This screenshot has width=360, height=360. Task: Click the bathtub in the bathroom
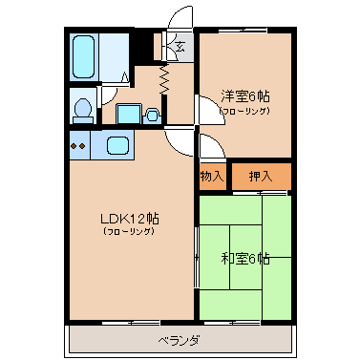(84, 57)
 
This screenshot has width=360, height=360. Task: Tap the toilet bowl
(83, 107)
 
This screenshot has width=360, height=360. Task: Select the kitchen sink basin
(117, 145)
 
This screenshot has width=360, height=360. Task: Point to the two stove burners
(77, 146)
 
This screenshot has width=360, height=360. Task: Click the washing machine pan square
(129, 114)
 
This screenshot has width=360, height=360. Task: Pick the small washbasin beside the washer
(152, 116)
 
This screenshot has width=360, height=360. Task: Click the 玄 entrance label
(180, 47)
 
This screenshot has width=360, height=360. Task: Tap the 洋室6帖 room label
(245, 96)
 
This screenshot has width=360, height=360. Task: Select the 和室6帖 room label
(245, 259)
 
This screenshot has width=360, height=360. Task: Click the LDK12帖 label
(130, 219)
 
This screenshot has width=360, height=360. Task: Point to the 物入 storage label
(212, 176)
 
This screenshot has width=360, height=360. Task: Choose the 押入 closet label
(261, 176)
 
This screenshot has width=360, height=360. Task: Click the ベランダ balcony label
(180, 341)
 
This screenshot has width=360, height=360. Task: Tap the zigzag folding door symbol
(164, 78)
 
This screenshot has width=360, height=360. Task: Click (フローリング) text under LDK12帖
(130, 232)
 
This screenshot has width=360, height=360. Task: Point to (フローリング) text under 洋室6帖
(245, 111)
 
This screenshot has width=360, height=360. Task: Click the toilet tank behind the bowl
(83, 120)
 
